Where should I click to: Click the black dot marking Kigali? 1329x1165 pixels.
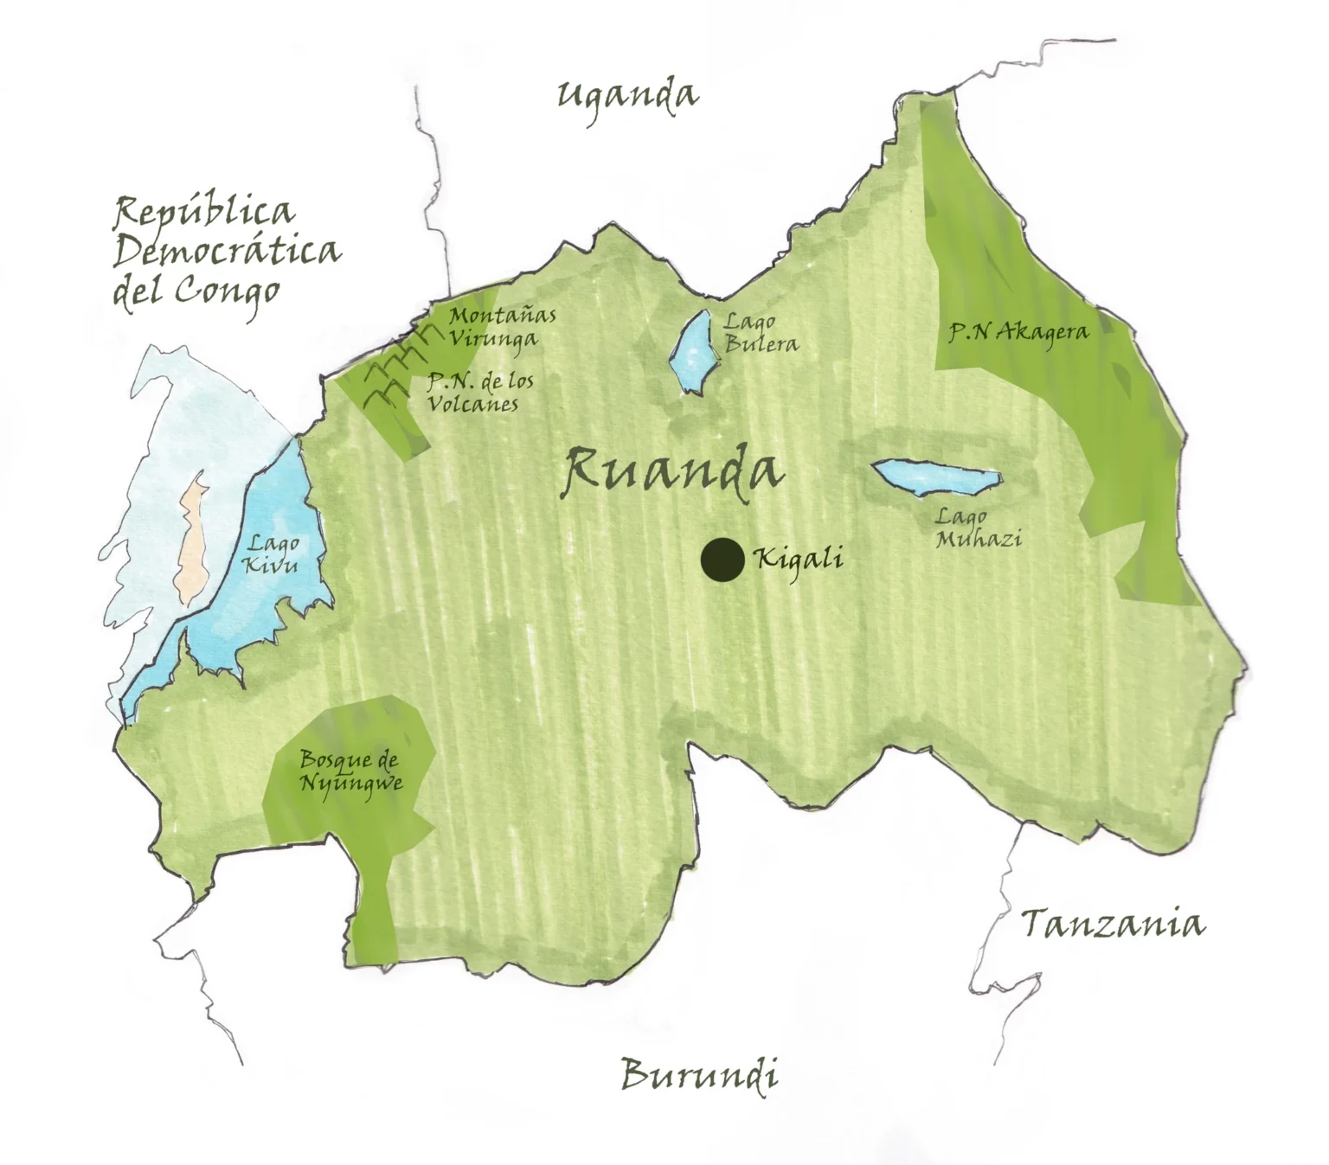pyautogui.click(x=722, y=560)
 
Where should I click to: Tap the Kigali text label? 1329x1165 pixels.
pyautogui.click(x=799, y=560)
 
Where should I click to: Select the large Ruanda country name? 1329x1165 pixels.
pyautogui.click(x=671, y=471)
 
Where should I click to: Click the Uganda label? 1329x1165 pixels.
pyautogui.click(x=626, y=95)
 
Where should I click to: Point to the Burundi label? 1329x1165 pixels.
pyautogui.click(x=699, y=1075)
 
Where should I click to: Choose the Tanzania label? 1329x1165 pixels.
pyautogui.click(x=1113, y=925)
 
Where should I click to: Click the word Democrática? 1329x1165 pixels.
pyautogui.click(x=227, y=251)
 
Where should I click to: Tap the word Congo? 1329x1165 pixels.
pyautogui.click(x=228, y=292)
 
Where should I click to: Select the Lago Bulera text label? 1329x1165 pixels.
pyautogui.click(x=760, y=333)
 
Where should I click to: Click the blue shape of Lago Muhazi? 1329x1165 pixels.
pyautogui.click(x=937, y=477)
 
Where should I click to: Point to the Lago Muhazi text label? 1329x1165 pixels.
pyautogui.click(x=978, y=528)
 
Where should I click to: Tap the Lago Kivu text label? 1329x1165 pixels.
pyautogui.click(x=272, y=554)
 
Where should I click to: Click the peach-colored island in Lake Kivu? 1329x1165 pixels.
pyautogui.click(x=191, y=543)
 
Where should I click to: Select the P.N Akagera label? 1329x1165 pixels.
pyautogui.click(x=1018, y=331)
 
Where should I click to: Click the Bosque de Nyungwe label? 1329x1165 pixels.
pyautogui.click(x=350, y=771)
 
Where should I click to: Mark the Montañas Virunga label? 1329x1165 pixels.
pyautogui.click(x=500, y=327)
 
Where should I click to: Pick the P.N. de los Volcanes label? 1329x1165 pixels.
pyautogui.click(x=479, y=392)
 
